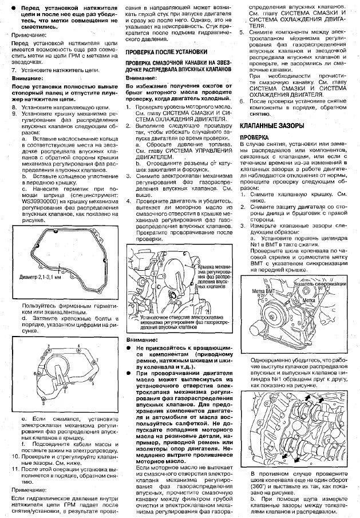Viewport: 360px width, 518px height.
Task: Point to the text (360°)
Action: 261,485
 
